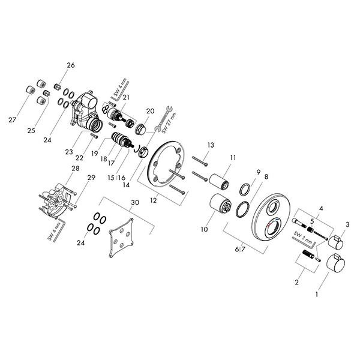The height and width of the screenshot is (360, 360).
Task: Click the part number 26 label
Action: pos(71,65)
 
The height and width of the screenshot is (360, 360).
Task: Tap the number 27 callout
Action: pos(13,119)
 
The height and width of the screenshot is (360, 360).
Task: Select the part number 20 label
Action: pos(151,111)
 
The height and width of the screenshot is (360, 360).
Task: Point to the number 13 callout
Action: pos(211,145)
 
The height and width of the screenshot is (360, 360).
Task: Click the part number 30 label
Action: pos(135,202)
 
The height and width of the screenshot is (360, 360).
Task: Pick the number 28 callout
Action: pos(76,168)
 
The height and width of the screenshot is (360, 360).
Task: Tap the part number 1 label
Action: pos(317,294)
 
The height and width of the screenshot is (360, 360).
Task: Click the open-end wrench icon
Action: pos(163,118)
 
